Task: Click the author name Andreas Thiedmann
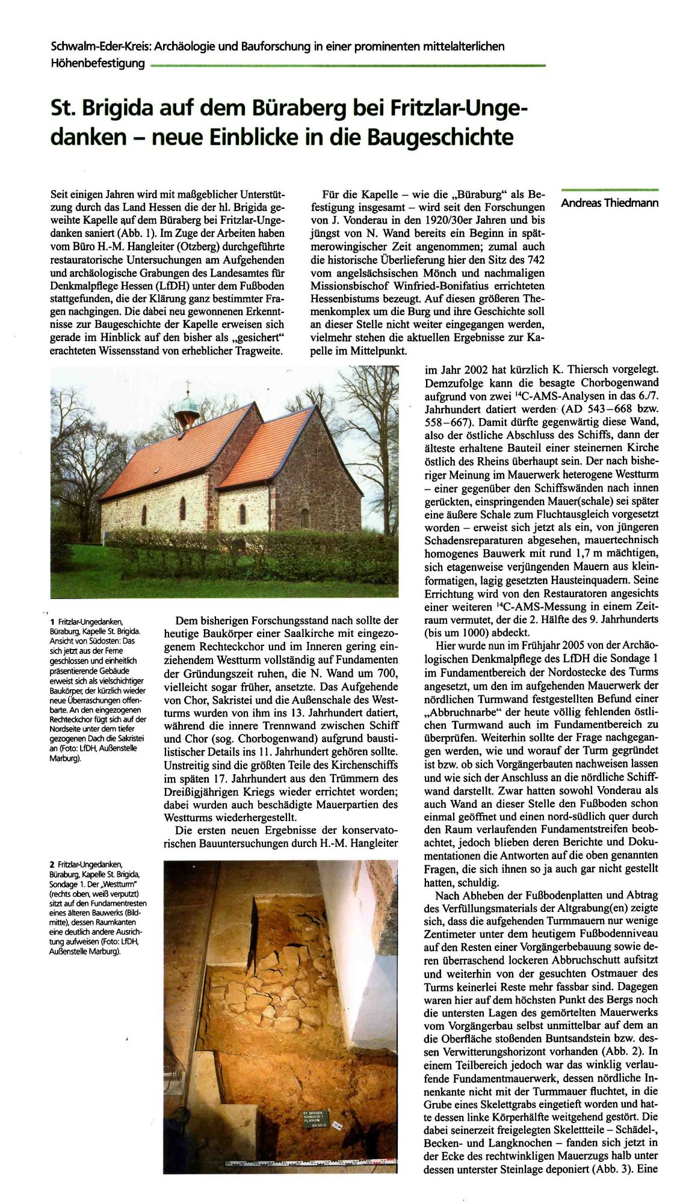pyautogui.click(x=609, y=203)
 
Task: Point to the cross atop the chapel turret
pyautogui.click(x=188, y=385)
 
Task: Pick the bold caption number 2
pyautogui.click(x=52, y=865)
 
